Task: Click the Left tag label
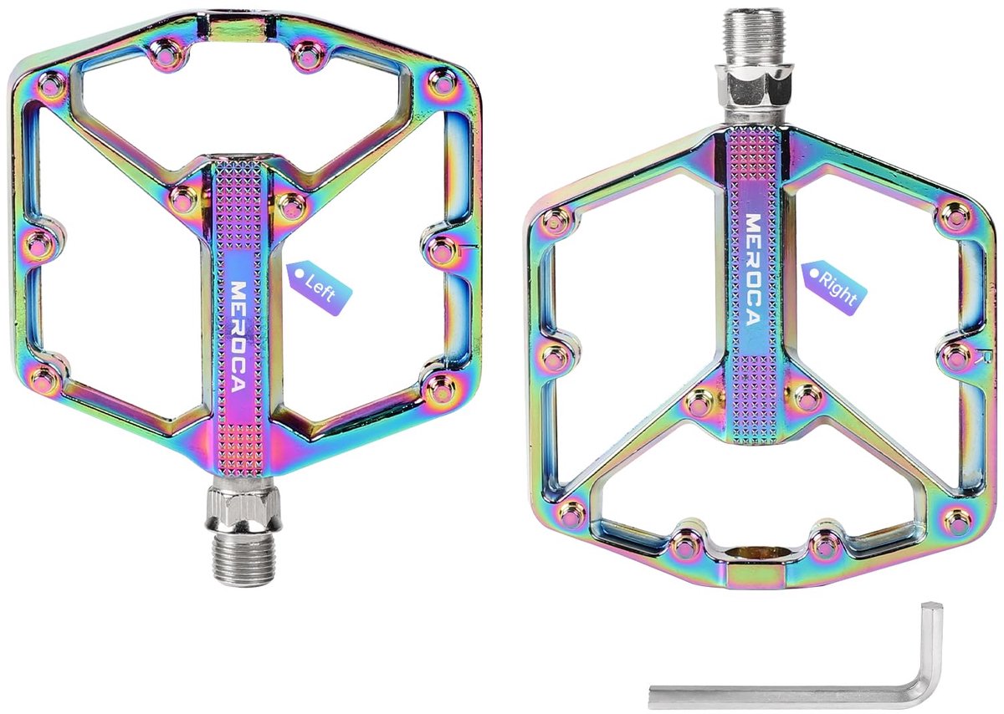(x=319, y=288)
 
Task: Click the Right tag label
(x=833, y=288)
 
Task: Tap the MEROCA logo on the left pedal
(x=238, y=336)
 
